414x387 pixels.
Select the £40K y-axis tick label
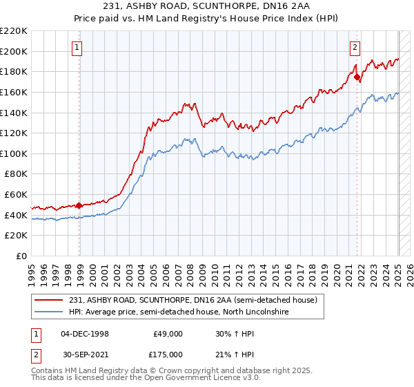pos(16,215)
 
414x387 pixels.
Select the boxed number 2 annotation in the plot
pos(354,48)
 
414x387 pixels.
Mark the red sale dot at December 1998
pos(79,205)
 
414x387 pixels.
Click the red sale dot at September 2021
pos(357,77)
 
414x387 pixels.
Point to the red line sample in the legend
pos(50,300)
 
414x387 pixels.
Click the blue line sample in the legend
pos(50,312)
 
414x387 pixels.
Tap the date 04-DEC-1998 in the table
pos(85,333)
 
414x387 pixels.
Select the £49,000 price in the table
pos(168,333)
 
